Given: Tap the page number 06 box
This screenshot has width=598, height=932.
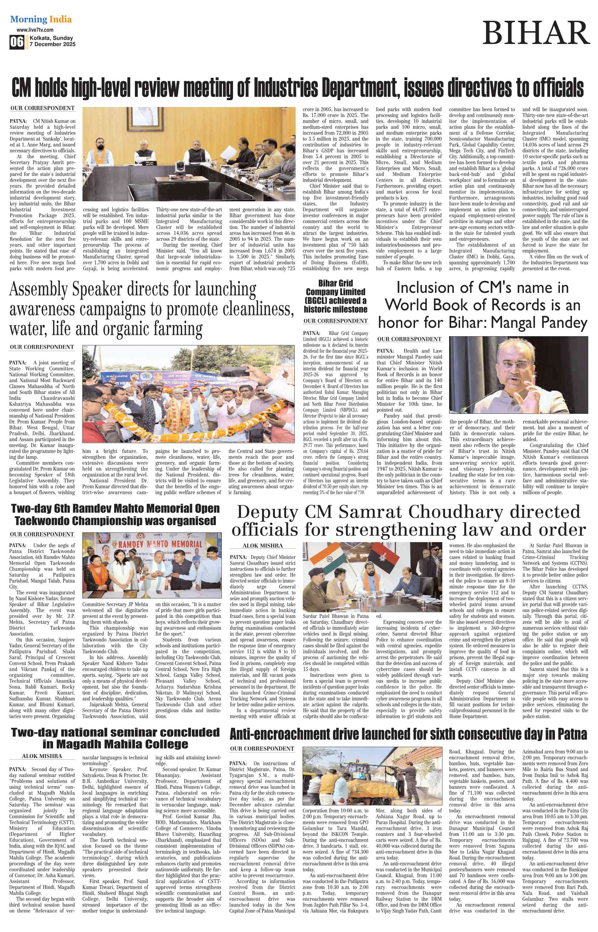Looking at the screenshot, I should pos(17,42).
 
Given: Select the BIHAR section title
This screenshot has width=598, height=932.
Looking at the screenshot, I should pos(536,33).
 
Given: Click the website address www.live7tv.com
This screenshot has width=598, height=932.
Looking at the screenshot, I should pos(35,30).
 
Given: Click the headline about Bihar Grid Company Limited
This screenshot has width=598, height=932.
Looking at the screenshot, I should pos(336,296).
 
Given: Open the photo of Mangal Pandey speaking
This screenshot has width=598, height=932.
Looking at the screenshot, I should pos(518,375).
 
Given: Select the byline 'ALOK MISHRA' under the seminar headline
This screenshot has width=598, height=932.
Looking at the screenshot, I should pos(42,756).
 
